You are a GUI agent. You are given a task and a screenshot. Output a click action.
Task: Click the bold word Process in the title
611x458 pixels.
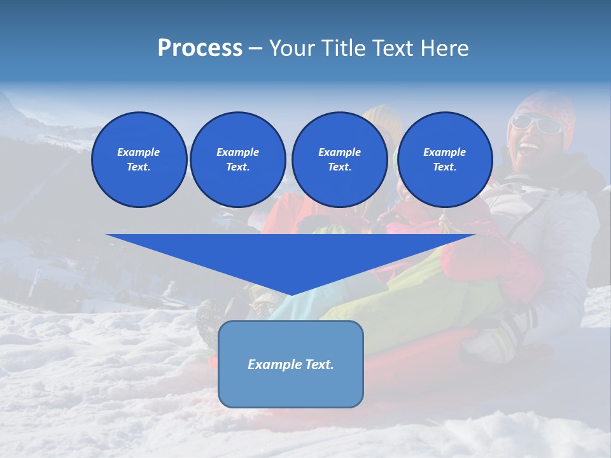[200, 48]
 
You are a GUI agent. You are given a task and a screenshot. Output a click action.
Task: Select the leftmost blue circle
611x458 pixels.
[139, 159]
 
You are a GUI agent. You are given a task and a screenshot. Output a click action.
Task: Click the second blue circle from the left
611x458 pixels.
[237, 159]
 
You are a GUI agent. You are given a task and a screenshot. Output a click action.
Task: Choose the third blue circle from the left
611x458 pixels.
[339, 159]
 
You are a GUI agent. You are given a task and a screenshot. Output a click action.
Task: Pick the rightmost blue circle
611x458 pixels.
[444, 159]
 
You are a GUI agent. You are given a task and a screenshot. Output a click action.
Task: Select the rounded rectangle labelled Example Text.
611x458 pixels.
[290, 364]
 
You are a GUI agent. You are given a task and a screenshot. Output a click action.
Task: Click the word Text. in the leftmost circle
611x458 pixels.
[139, 167]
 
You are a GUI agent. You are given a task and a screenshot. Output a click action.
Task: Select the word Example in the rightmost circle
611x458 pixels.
[444, 152]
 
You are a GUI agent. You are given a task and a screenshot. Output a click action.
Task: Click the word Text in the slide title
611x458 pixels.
[395, 48]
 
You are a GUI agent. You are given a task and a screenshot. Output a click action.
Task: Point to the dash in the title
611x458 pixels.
[255, 48]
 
